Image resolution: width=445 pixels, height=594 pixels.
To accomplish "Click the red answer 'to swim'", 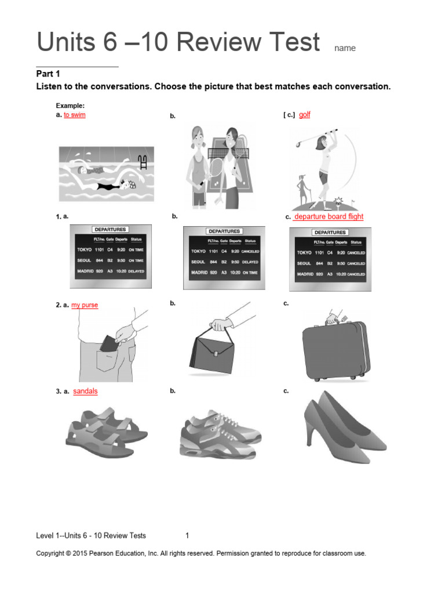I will coord(75,115).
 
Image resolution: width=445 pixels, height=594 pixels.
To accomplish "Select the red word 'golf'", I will coord(305,115).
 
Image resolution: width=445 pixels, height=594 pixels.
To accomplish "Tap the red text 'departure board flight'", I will coord(329,216).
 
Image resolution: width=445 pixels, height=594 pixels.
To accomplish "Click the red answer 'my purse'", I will coord(85,305).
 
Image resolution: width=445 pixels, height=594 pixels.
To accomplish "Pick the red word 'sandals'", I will coord(85,391).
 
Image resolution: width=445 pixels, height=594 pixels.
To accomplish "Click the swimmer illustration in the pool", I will coord(107,173).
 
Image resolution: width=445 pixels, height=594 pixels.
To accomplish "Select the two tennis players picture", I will coord(217,168).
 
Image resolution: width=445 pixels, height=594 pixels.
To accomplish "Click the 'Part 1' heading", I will coord(48,74).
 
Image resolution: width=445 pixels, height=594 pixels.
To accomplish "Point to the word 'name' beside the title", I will coord(345,49).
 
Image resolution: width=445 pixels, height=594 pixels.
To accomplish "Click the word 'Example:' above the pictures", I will coord(70,106).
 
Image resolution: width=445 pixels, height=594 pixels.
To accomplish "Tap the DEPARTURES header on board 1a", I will coord(111,230).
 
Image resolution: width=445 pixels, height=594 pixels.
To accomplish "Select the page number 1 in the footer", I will coord(187,535).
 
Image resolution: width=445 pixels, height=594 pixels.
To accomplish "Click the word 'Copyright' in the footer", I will coord(51,553).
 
